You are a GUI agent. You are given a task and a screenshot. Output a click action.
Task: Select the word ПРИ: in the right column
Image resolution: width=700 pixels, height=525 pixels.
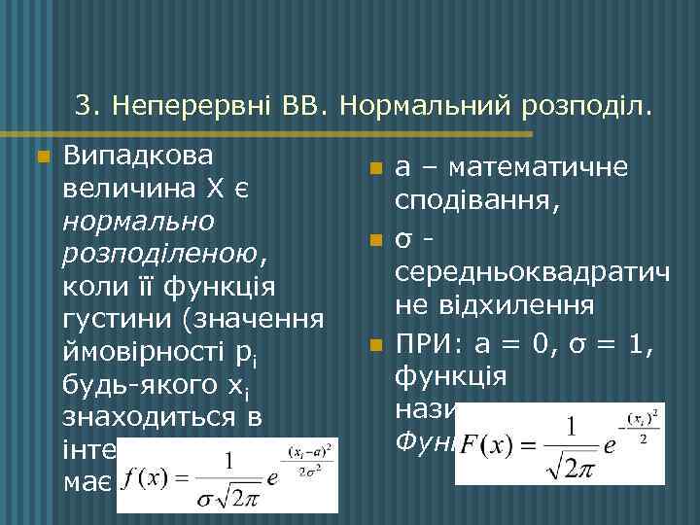[429, 342]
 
